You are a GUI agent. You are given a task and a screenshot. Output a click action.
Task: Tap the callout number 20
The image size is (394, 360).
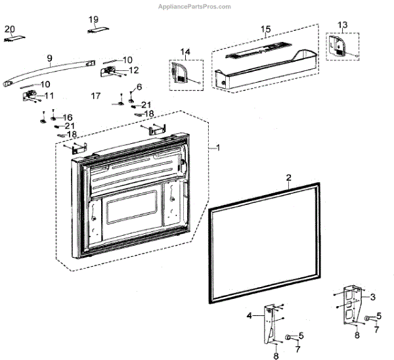click(9, 29)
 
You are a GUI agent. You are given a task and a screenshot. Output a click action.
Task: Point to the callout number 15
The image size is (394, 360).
click(265, 30)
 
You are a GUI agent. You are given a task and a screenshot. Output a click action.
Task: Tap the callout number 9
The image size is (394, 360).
click(49, 58)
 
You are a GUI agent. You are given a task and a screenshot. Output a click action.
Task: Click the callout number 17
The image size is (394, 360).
click(96, 96)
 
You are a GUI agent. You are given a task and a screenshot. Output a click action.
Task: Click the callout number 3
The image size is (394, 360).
click(373, 297)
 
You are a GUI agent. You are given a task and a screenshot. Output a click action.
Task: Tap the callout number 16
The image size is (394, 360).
click(68, 117)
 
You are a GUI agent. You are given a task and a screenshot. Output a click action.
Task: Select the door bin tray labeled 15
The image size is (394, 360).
click(263, 66)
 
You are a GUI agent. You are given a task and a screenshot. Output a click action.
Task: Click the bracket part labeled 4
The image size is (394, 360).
click(271, 324)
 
